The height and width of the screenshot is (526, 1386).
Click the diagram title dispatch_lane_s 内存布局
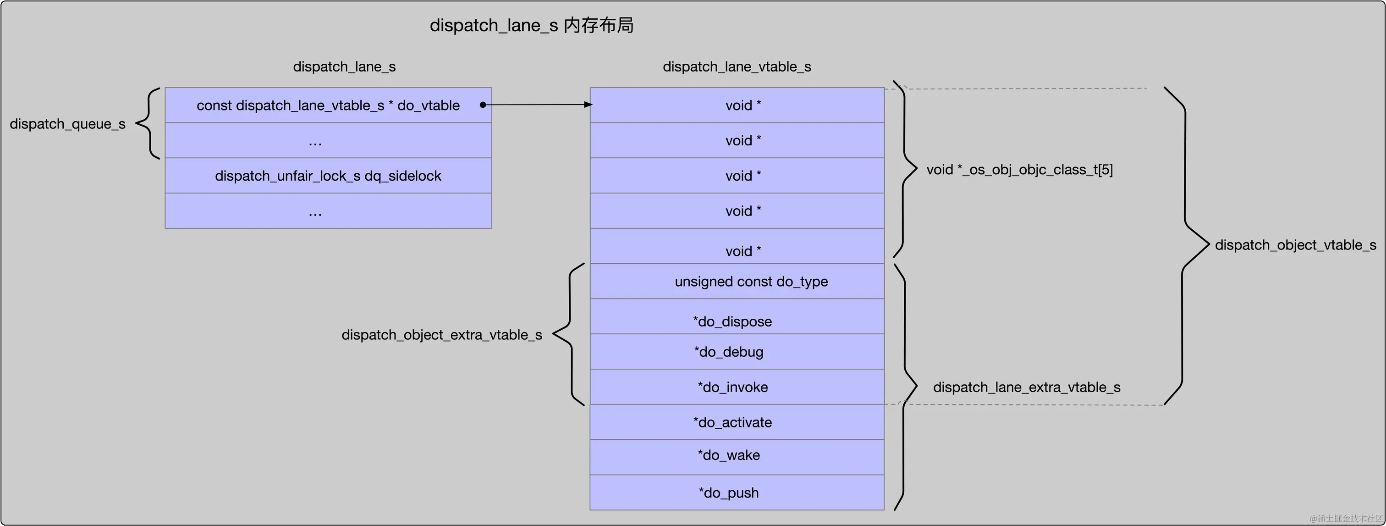coord(531,25)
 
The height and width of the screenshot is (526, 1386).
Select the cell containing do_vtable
coord(328,105)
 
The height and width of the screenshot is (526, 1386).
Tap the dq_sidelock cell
coord(328,176)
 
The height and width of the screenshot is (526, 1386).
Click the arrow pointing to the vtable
coord(538,105)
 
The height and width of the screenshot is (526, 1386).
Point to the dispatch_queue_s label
coord(67,124)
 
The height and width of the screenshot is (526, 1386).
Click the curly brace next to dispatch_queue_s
coord(148,124)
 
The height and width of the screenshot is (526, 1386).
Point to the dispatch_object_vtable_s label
coord(1295,245)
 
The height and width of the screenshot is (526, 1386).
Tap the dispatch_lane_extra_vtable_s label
coord(1026,388)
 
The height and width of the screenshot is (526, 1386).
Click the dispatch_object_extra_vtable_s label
coord(441,335)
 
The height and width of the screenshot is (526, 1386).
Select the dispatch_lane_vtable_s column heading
coord(737,67)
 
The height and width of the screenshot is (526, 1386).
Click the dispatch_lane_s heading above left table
coord(344,67)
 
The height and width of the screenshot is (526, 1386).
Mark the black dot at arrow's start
coord(483,105)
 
